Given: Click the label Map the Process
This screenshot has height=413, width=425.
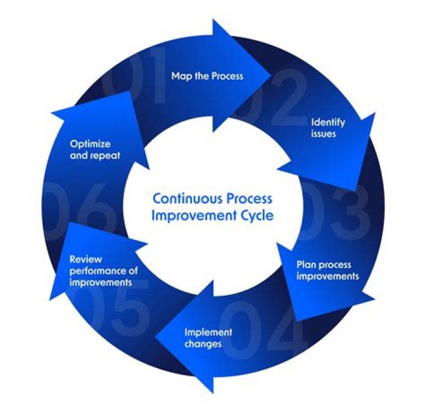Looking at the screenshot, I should click(207, 76).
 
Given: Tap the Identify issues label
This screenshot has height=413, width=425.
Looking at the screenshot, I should click(328, 128).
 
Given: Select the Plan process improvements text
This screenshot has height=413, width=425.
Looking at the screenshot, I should click(327, 270).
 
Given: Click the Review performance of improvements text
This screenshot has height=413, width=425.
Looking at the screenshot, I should click(100, 270).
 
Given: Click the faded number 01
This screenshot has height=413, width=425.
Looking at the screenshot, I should click(133, 83).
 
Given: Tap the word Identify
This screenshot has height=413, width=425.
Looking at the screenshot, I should click(328, 123).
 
